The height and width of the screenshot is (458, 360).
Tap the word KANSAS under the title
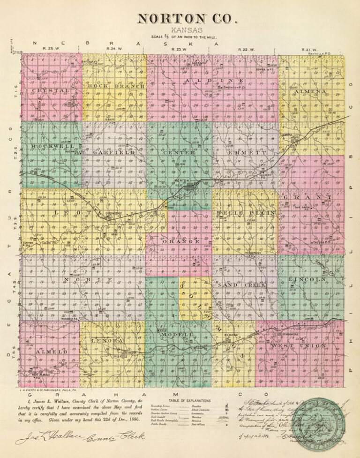[180, 30]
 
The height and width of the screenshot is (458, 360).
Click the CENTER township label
[179, 152]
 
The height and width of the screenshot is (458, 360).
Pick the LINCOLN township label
[307, 279]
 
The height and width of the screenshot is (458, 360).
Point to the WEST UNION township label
[298, 346]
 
